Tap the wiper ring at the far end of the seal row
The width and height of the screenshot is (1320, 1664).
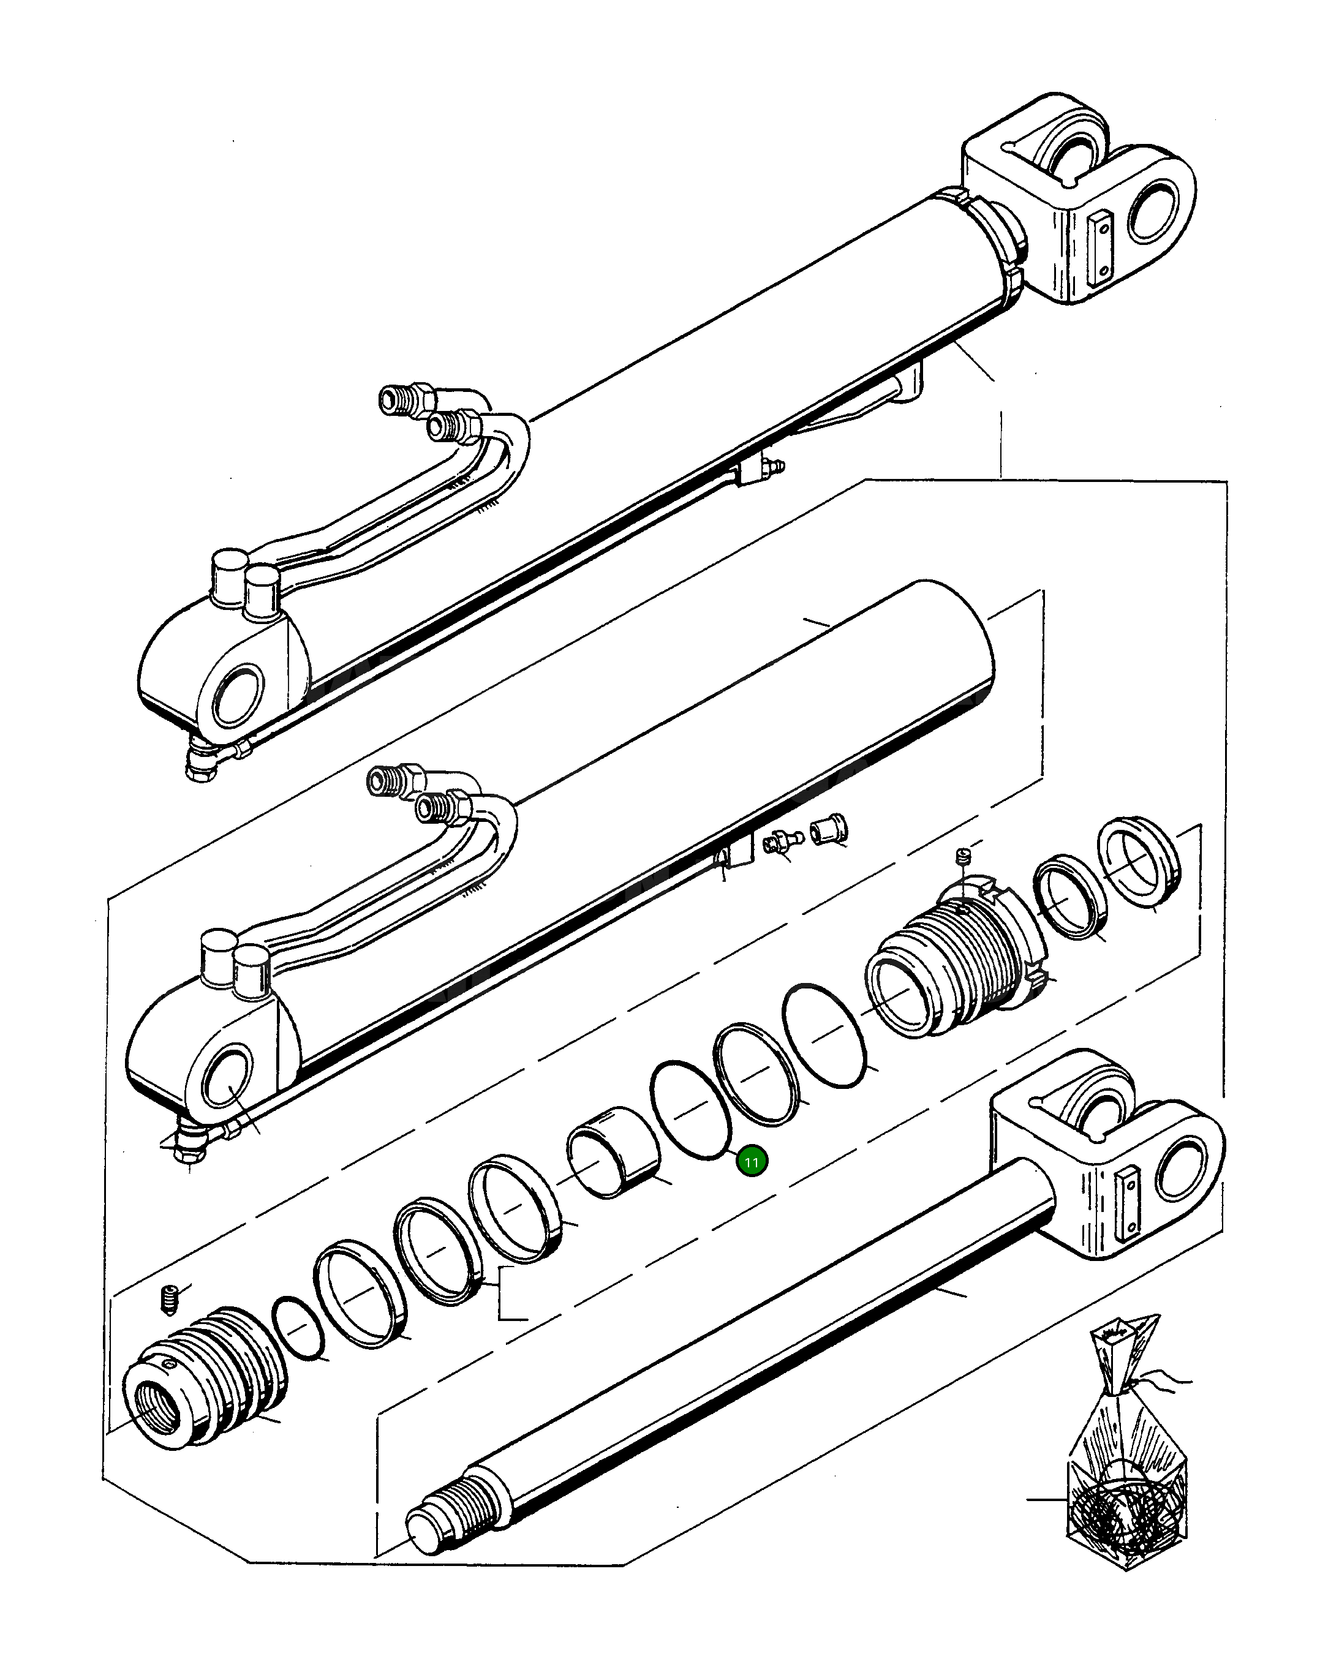tap(1139, 860)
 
